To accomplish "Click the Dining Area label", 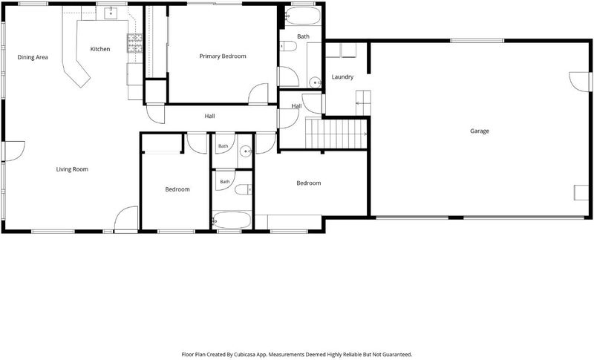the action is coord(33,58).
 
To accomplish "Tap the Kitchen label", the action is coord(100,49).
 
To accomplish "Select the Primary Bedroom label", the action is coord(223,56).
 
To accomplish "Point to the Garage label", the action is coord(480,131).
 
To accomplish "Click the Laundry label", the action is coord(342,77).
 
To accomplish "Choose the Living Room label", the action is coord(72,169).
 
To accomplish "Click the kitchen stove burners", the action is coord(134,43).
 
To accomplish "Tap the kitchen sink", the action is coord(111,13).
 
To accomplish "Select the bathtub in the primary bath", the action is coord(302,16).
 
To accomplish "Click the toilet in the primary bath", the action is coord(288,46).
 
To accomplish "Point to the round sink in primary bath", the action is coord(314,82).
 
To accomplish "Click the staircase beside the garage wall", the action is coord(336,134).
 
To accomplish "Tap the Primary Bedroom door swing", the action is coord(258,94).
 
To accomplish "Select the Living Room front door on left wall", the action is coord(15,151).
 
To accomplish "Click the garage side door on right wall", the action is coord(580,82).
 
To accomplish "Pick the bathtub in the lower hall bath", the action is coord(232,220).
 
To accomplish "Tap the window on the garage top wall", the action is coord(477,41).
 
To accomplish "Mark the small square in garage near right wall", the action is coord(581,192).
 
